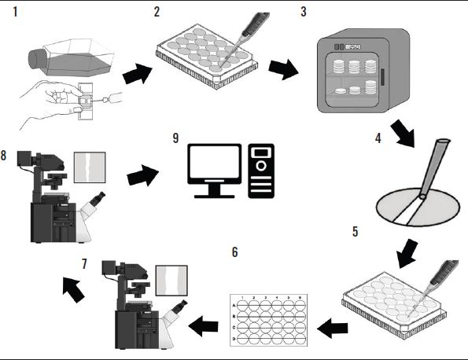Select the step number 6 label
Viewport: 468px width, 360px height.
click(234, 252)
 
